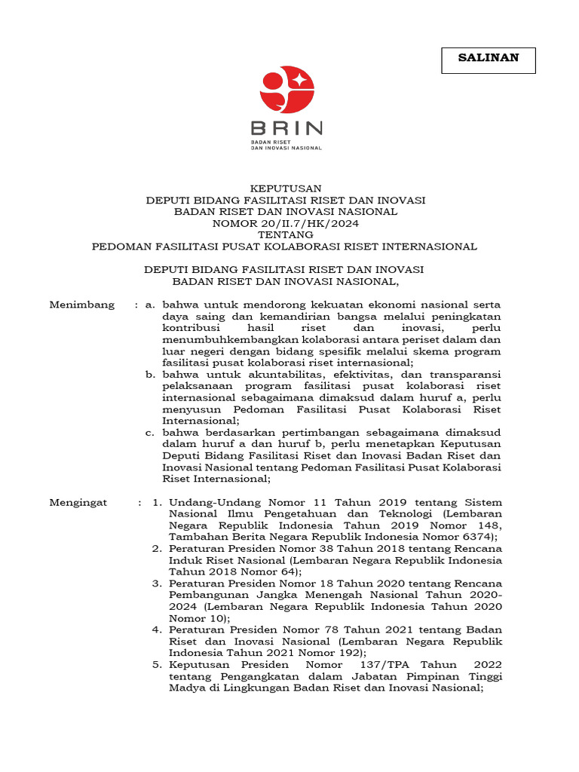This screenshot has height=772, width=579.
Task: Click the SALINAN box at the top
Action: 488,60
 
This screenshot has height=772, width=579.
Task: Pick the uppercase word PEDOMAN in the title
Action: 119,247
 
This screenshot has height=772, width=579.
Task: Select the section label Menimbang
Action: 82,305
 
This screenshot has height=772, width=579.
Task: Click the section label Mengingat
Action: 78,502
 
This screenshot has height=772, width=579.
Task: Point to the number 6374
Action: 478,537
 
